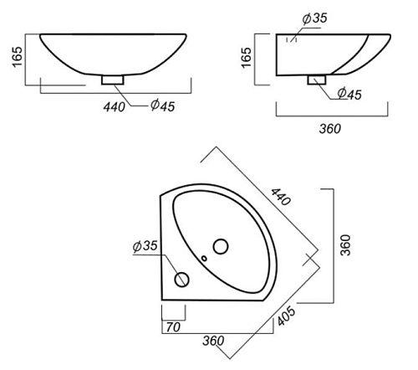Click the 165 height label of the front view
(18, 57)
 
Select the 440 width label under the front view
(115, 107)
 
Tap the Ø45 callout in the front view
(163, 105)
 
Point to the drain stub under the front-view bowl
(113, 80)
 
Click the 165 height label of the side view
(247, 58)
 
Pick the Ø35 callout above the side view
(315, 18)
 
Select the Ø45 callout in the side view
(349, 94)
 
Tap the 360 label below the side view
(330, 129)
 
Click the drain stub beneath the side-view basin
(317, 80)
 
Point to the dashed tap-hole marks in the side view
(292, 39)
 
